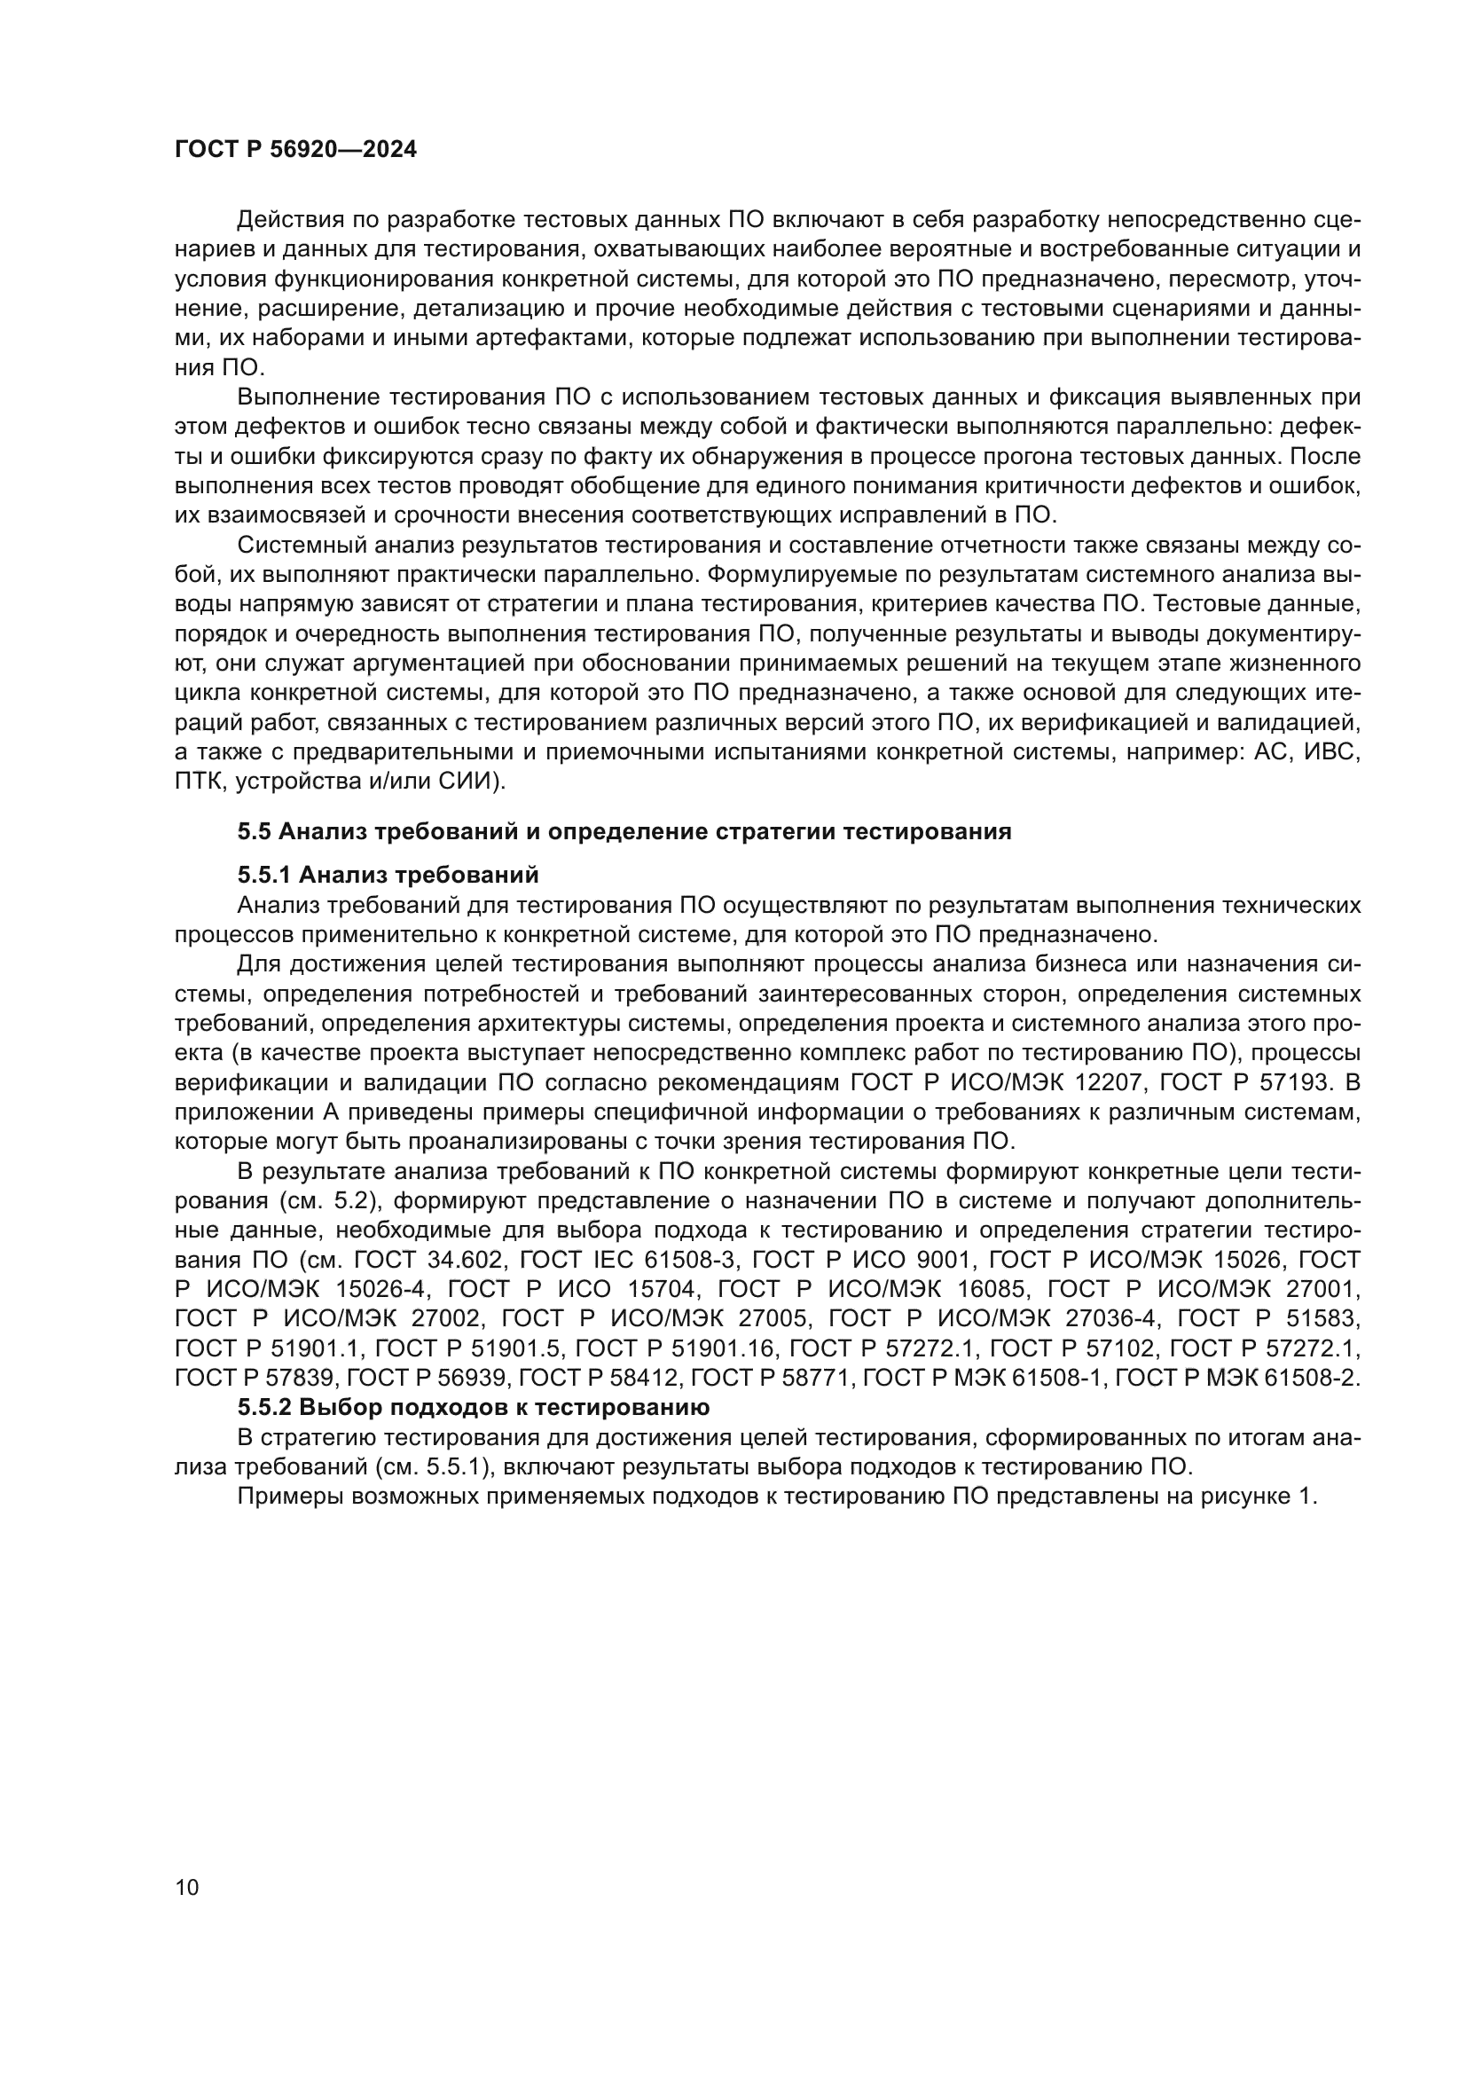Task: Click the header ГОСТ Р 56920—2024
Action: [x=295, y=150]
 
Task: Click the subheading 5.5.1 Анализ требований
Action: [x=388, y=875]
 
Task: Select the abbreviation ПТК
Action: [x=197, y=782]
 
